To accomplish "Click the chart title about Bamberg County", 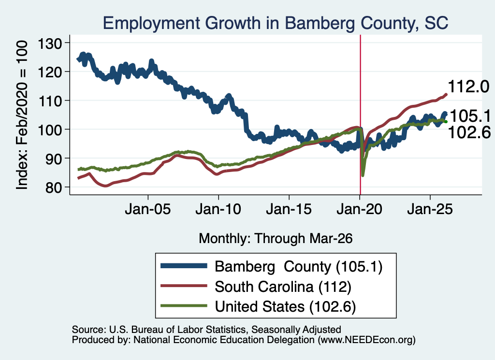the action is pyautogui.click(x=275, y=23).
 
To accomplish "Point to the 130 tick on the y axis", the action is pyautogui.click(x=50, y=43).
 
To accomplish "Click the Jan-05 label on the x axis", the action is pyautogui.click(x=148, y=210).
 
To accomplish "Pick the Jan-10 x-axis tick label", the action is pyautogui.click(x=218, y=210).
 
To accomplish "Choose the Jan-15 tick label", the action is pyautogui.click(x=289, y=210).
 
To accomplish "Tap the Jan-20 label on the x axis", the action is pyautogui.click(x=359, y=210).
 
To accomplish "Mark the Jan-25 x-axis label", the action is pyautogui.click(x=430, y=210).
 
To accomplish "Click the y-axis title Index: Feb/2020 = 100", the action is pyautogui.click(x=22, y=115).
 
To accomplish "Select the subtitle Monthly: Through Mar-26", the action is pyautogui.click(x=276, y=239).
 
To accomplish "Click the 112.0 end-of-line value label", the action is pyautogui.click(x=468, y=86).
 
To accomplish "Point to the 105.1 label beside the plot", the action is pyautogui.click(x=470, y=116).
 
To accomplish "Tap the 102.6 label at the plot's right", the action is pyautogui.click(x=469, y=132).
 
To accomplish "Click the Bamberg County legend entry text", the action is pyautogui.click(x=298, y=267).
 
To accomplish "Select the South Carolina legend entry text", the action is pyautogui.click(x=283, y=287).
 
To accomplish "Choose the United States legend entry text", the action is pyautogui.click(x=285, y=307).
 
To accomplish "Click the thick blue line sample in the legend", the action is pyautogui.click(x=184, y=266).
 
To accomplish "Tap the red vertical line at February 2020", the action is pyautogui.click(x=360, y=115).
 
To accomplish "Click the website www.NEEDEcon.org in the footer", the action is pyautogui.click(x=366, y=340).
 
